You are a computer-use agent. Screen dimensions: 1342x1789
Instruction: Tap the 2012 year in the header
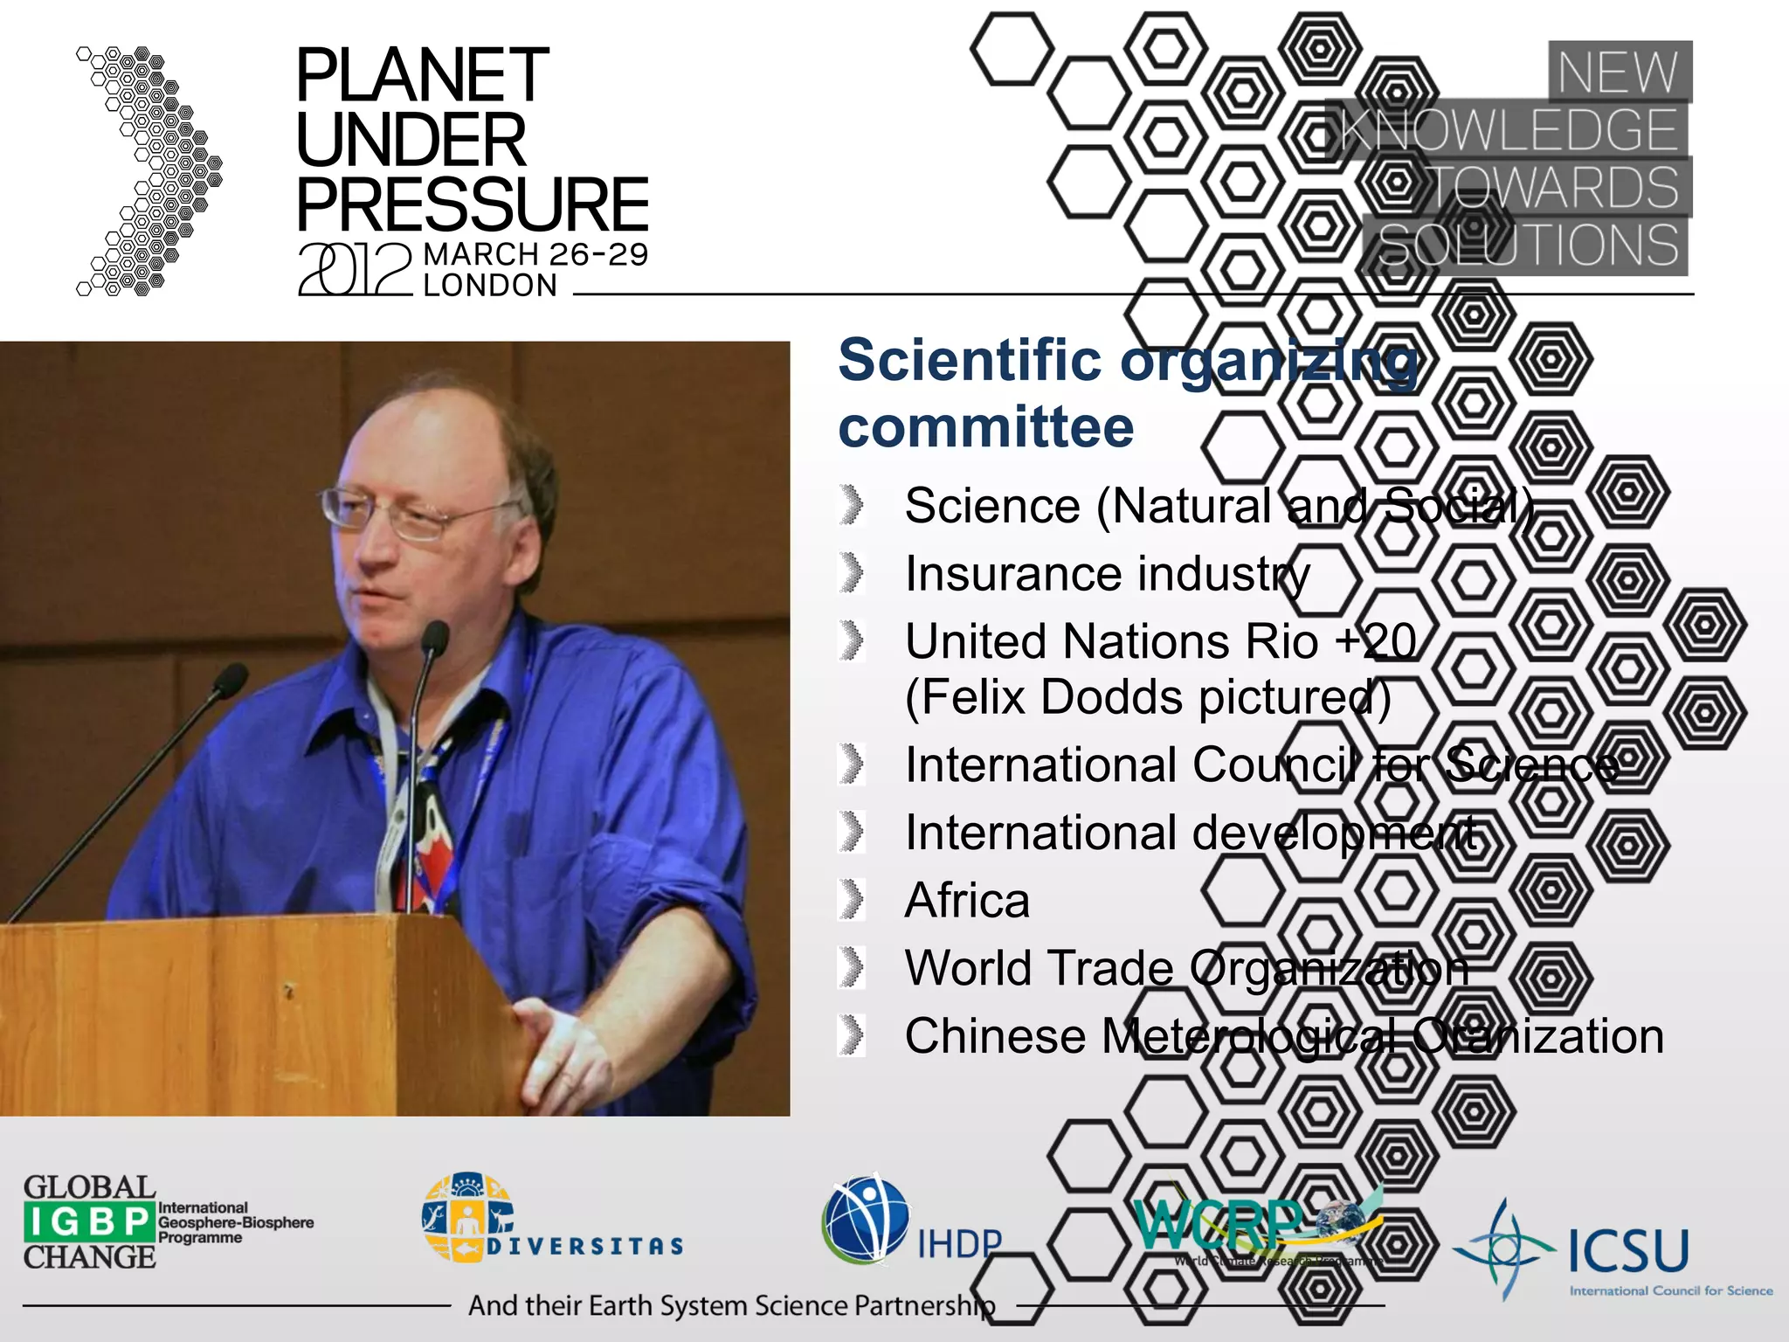[355, 269]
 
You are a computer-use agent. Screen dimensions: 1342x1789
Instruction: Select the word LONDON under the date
[490, 286]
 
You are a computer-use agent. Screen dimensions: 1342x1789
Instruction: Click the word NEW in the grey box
[1618, 72]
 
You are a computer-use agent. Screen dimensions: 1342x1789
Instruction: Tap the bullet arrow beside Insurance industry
[851, 574]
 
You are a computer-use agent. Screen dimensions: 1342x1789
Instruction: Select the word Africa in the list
[967, 901]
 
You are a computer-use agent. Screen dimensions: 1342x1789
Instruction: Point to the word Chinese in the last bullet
[995, 1037]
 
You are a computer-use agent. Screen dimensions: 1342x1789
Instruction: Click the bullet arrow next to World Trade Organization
[851, 968]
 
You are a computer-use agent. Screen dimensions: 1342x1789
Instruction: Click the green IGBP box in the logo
[88, 1221]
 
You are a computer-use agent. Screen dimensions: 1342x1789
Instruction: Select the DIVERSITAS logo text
[584, 1246]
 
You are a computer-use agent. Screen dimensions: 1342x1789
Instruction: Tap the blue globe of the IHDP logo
[864, 1220]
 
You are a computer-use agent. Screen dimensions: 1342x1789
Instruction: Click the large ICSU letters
[1628, 1250]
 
